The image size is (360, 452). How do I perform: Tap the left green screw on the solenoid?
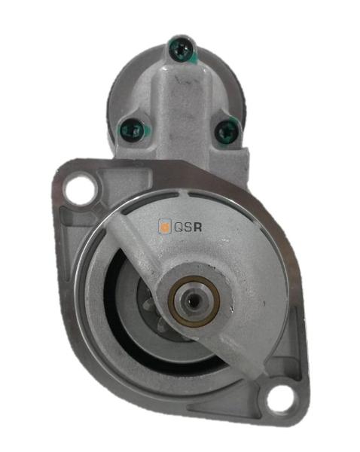pyautogui.click(x=132, y=130)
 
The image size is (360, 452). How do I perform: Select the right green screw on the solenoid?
pyautogui.click(x=227, y=131)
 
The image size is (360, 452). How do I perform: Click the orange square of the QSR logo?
pyautogui.click(x=165, y=226)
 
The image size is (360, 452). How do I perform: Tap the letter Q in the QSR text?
pyautogui.click(x=178, y=228)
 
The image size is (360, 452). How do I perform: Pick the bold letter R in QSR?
pyautogui.click(x=198, y=228)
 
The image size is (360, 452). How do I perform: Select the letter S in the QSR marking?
pyautogui.click(x=188, y=228)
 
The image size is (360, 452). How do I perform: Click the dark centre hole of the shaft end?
pyautogui.click(x=191, y=301)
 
